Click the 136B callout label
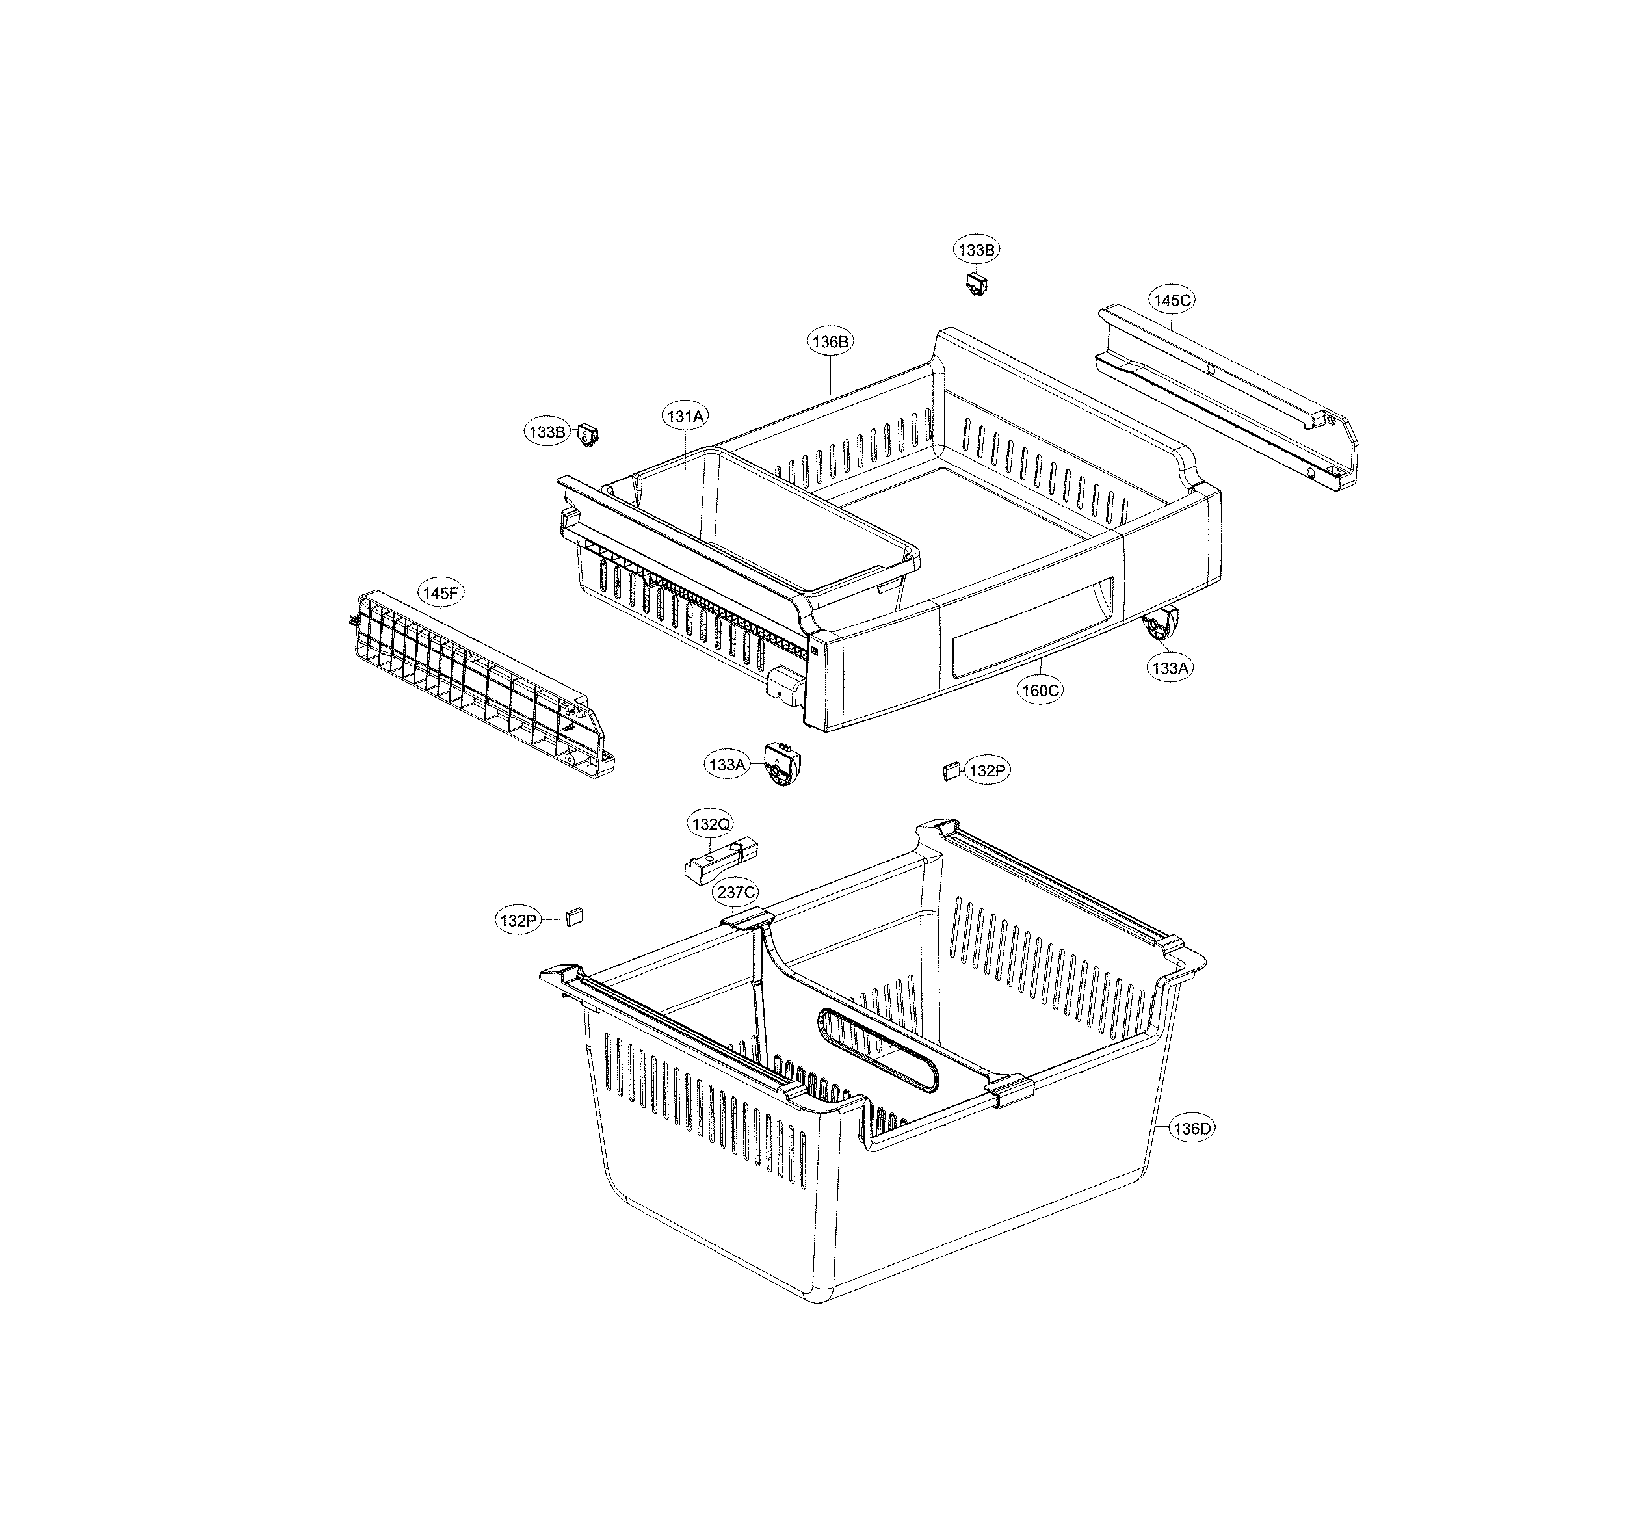[x=830, y=341]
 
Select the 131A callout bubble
[x=685, y=416]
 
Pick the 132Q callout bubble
[x=711, y=824]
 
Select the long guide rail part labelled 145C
[x=1228, y=397]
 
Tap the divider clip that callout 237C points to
[x=747, y=919]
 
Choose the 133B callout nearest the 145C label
[x=976, y=250]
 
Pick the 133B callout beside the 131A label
[x=547, y=432]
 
